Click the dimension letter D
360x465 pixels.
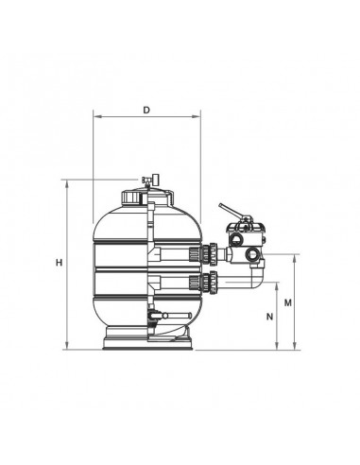pos(146,110)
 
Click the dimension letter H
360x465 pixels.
pos(59,263)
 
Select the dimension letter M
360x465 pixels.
pos(288,302)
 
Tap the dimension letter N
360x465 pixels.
pos(269,317)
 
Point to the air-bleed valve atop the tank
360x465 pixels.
pos(150,180)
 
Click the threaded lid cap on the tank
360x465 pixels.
pos(147,197)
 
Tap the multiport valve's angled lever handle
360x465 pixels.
pos(232,211)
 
